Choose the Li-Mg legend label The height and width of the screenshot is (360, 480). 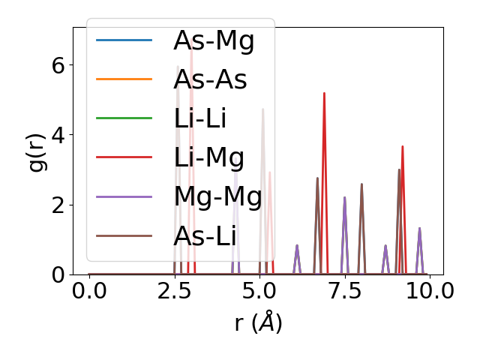[208, 157]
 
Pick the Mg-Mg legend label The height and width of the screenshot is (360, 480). [217, 196]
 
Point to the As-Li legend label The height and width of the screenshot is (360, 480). [205, 235]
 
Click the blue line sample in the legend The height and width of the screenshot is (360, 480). [124, 40]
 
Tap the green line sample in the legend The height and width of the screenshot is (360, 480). [124, 118]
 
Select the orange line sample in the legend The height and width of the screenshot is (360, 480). [124, 79]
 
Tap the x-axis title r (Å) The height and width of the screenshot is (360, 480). [258, 323]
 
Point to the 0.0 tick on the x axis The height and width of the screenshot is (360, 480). [89, 291]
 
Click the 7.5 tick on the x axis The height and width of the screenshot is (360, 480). [345, 291]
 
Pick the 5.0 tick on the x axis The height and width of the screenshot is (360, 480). [259, 291]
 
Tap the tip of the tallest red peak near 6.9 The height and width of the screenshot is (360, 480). [324, 93]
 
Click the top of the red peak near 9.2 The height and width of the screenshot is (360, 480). [403, 146]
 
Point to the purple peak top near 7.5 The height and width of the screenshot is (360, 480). [344, 197]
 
